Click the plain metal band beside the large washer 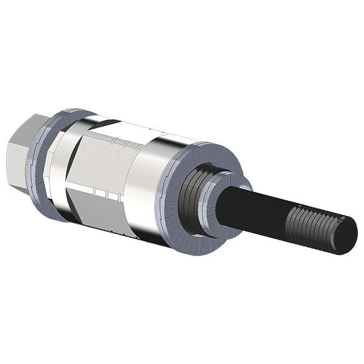coord(152,182)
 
